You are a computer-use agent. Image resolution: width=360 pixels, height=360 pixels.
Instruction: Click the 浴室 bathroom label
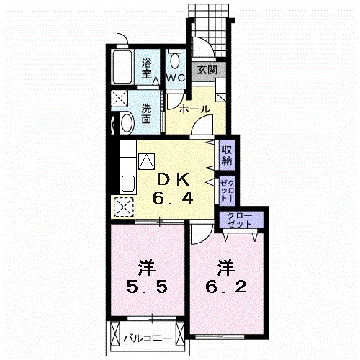pos(147,68)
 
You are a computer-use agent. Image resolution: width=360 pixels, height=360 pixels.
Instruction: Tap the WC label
pos(176,78)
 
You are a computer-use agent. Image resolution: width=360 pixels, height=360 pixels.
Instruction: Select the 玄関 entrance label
pos(207,70)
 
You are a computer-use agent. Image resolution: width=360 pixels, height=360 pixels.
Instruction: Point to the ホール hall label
pos(194,109)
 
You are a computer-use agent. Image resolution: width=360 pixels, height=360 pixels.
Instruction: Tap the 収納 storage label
pos(227,155)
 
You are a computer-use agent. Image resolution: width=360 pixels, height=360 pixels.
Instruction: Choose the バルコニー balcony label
pos(148,338)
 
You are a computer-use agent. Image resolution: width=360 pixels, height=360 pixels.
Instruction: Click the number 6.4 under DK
pos(172,199)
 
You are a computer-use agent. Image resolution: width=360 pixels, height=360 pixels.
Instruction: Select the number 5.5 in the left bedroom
pos(147,287)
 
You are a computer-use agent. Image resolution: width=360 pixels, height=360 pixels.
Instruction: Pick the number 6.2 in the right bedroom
pos(226,287)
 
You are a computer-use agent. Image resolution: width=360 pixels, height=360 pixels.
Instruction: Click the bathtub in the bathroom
pos(122,67)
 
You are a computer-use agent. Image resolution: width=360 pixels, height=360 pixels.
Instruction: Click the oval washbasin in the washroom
pos(127,123)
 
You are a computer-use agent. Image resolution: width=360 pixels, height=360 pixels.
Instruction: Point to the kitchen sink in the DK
pos(128,184)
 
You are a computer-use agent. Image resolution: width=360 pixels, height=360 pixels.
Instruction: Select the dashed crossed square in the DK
pos(124,207)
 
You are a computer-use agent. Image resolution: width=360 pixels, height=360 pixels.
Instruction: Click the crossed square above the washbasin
pos(120,98)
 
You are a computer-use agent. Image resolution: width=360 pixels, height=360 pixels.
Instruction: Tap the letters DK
pos(173,180)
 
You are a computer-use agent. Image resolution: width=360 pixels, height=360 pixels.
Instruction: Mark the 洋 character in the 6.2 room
pos(226,268)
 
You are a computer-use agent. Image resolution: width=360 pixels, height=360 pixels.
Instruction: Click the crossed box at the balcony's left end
pos(115,333)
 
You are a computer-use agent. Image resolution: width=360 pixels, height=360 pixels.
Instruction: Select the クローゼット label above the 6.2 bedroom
pos(240,220)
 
